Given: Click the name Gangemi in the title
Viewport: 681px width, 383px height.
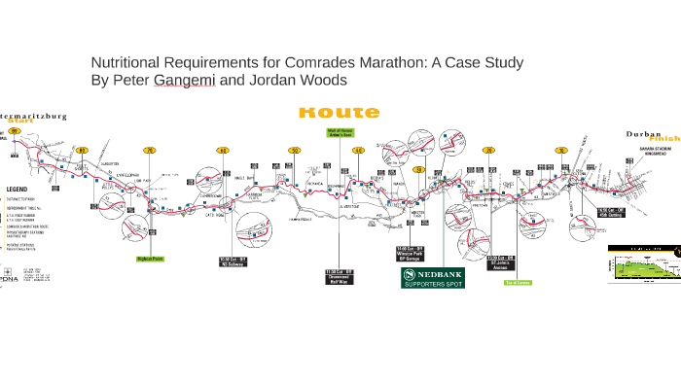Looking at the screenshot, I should coord(185,81).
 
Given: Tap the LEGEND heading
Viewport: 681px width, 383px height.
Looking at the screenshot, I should coord(19,190).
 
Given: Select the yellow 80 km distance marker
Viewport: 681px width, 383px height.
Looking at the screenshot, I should coord(83,150).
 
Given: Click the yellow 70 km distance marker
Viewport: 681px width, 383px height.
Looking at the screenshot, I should coord(150,150).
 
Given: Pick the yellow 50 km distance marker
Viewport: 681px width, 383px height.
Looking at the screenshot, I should coord(294,150).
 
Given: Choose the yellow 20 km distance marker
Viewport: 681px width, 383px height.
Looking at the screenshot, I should coord(489,150).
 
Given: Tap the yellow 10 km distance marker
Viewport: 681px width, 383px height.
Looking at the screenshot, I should coord(561,150).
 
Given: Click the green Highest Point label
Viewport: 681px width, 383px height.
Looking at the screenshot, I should coord(150,259).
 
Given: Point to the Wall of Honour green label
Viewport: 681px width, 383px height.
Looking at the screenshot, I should coord(340,132).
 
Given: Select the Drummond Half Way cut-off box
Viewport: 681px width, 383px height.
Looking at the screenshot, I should coord(337,276).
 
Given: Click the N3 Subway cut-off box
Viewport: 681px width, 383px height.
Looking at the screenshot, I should coord(233,261).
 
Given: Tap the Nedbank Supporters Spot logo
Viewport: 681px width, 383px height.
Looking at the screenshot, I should coord(433,278).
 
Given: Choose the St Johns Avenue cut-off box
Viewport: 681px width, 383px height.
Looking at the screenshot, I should coord(500,262).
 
